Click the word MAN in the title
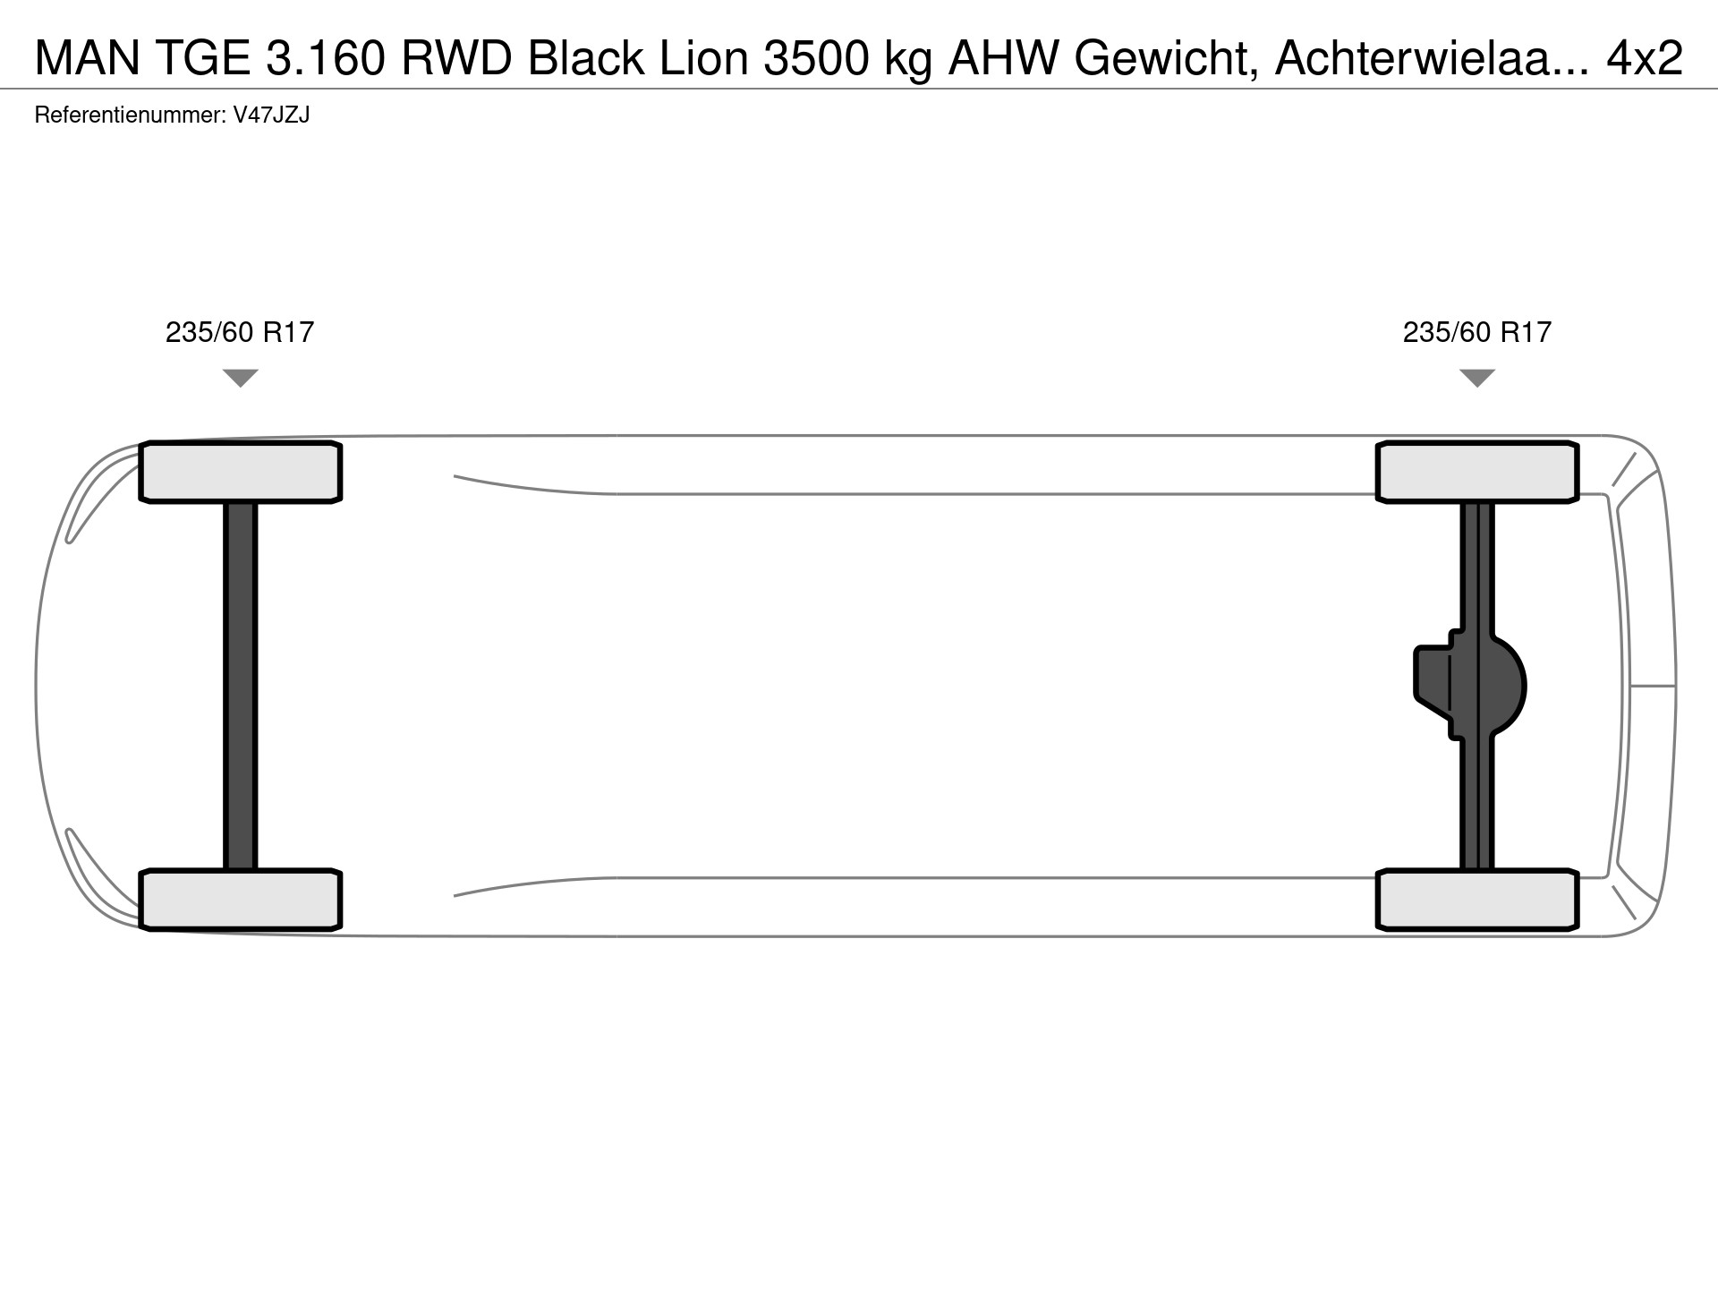click(x=88, y=58)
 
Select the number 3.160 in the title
click(x=327, y=58)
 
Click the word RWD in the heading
click(x=456, y=58)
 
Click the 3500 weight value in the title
click(x=816, y=58)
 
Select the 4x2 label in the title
click(x=1645, y=58)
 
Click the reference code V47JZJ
click(x=271, y=115)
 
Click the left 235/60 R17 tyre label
click(x=240, y=333)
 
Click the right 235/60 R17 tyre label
click(x=1476, y=333)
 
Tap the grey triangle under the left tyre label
click(x=240, y=378)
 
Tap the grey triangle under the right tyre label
click(x=1476, y=378)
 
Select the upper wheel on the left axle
click(x=240, y=472)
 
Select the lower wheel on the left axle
click(x=240, y=900)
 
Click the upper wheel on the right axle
click(x=1476, y=472)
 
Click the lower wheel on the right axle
click(x=1476, y=900)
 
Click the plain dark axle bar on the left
click(x=240, y=686)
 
